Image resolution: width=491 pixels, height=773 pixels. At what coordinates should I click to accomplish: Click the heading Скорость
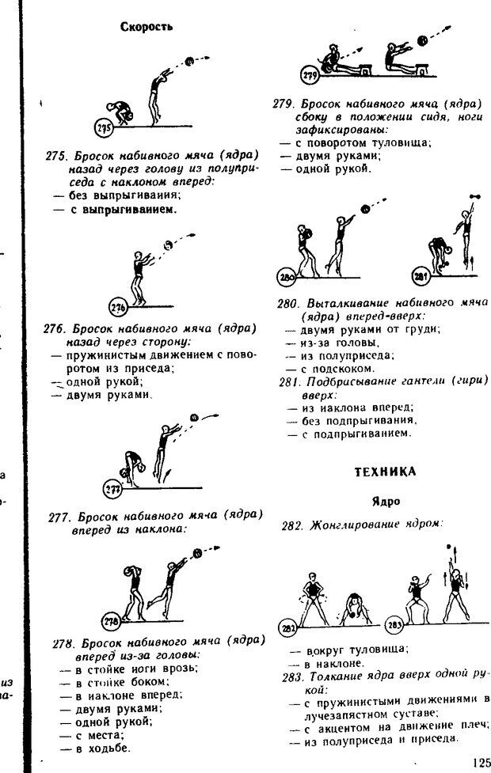click(x=147, y=26)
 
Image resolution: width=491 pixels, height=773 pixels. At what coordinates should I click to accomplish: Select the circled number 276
click(x=118, y=308)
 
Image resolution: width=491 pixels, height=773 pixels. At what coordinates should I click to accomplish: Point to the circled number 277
click(x=113, y=489)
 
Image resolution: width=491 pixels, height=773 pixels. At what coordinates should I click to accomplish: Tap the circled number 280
click(x=287, y=278)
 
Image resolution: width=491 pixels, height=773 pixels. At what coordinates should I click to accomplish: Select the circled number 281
click(x=420, y=278)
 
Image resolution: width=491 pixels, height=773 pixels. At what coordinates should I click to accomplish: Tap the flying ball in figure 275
click(x=189, y=61)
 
